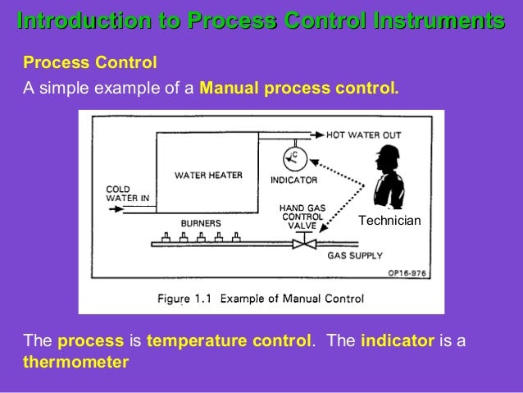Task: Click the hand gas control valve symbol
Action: tap(305, 244)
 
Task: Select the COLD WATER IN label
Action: tap(128, 194)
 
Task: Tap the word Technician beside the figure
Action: tap(389, 222)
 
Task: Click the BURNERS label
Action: tap(199, 222)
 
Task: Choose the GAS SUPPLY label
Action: tap(355, 256)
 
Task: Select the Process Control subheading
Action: tap(90, 62)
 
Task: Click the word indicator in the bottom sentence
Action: tap(397, 340)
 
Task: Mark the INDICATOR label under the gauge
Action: tap(293, 180)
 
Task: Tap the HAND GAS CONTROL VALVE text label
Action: tap(302, 217)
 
